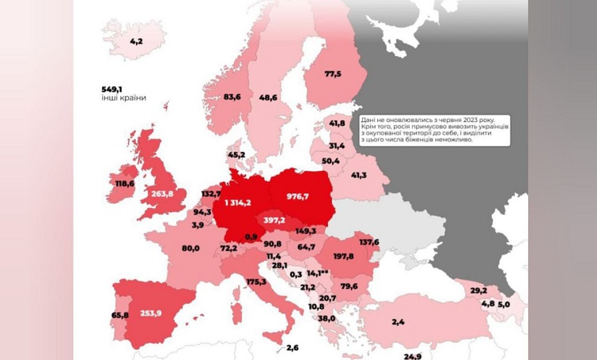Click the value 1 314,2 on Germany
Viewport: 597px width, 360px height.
coord(237,203)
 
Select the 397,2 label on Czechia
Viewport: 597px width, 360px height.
coord(274,219)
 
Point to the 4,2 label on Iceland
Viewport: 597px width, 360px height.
coord(136,40)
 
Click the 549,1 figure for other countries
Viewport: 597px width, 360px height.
coord(111,89)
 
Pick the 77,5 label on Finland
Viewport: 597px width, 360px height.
coord(332,74)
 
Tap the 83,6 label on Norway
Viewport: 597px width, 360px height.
coord(232,97)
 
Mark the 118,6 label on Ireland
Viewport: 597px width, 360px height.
coord(124,184)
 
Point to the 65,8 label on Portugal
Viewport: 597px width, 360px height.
coord(120,315)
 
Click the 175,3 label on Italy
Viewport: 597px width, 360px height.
coord(255,281)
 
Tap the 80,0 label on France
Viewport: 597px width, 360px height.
coord(190,248)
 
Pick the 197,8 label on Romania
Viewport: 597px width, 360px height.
coord(342,257)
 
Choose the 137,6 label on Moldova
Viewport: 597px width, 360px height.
coord(368,242)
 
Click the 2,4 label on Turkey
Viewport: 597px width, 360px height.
coord(398,321)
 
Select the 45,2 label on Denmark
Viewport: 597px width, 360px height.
coord(236,154)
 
